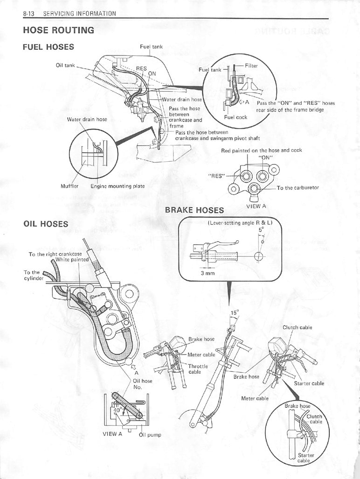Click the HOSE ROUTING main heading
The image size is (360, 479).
58,31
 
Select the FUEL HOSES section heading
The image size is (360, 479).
48,47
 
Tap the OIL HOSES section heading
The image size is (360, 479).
46,224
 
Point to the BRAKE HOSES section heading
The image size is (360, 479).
194,210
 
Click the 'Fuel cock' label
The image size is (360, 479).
235,117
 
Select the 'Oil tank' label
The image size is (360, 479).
65,65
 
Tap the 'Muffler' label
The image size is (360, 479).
70,186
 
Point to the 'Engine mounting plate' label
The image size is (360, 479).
117,186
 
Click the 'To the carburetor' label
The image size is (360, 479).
298,188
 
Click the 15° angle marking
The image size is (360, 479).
234,312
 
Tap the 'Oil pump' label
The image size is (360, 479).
150,435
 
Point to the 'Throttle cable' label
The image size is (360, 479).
198,369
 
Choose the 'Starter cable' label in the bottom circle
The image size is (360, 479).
306,458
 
